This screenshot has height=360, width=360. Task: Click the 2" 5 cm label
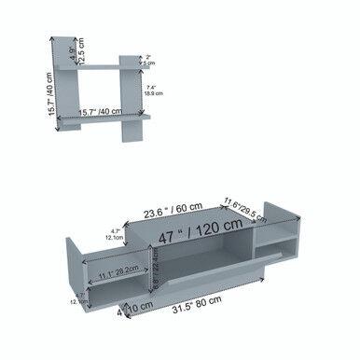[x=150, y=60]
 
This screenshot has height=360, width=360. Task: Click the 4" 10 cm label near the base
[x=136, y=307]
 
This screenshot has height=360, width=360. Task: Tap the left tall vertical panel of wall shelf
[x=72, y=89]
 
